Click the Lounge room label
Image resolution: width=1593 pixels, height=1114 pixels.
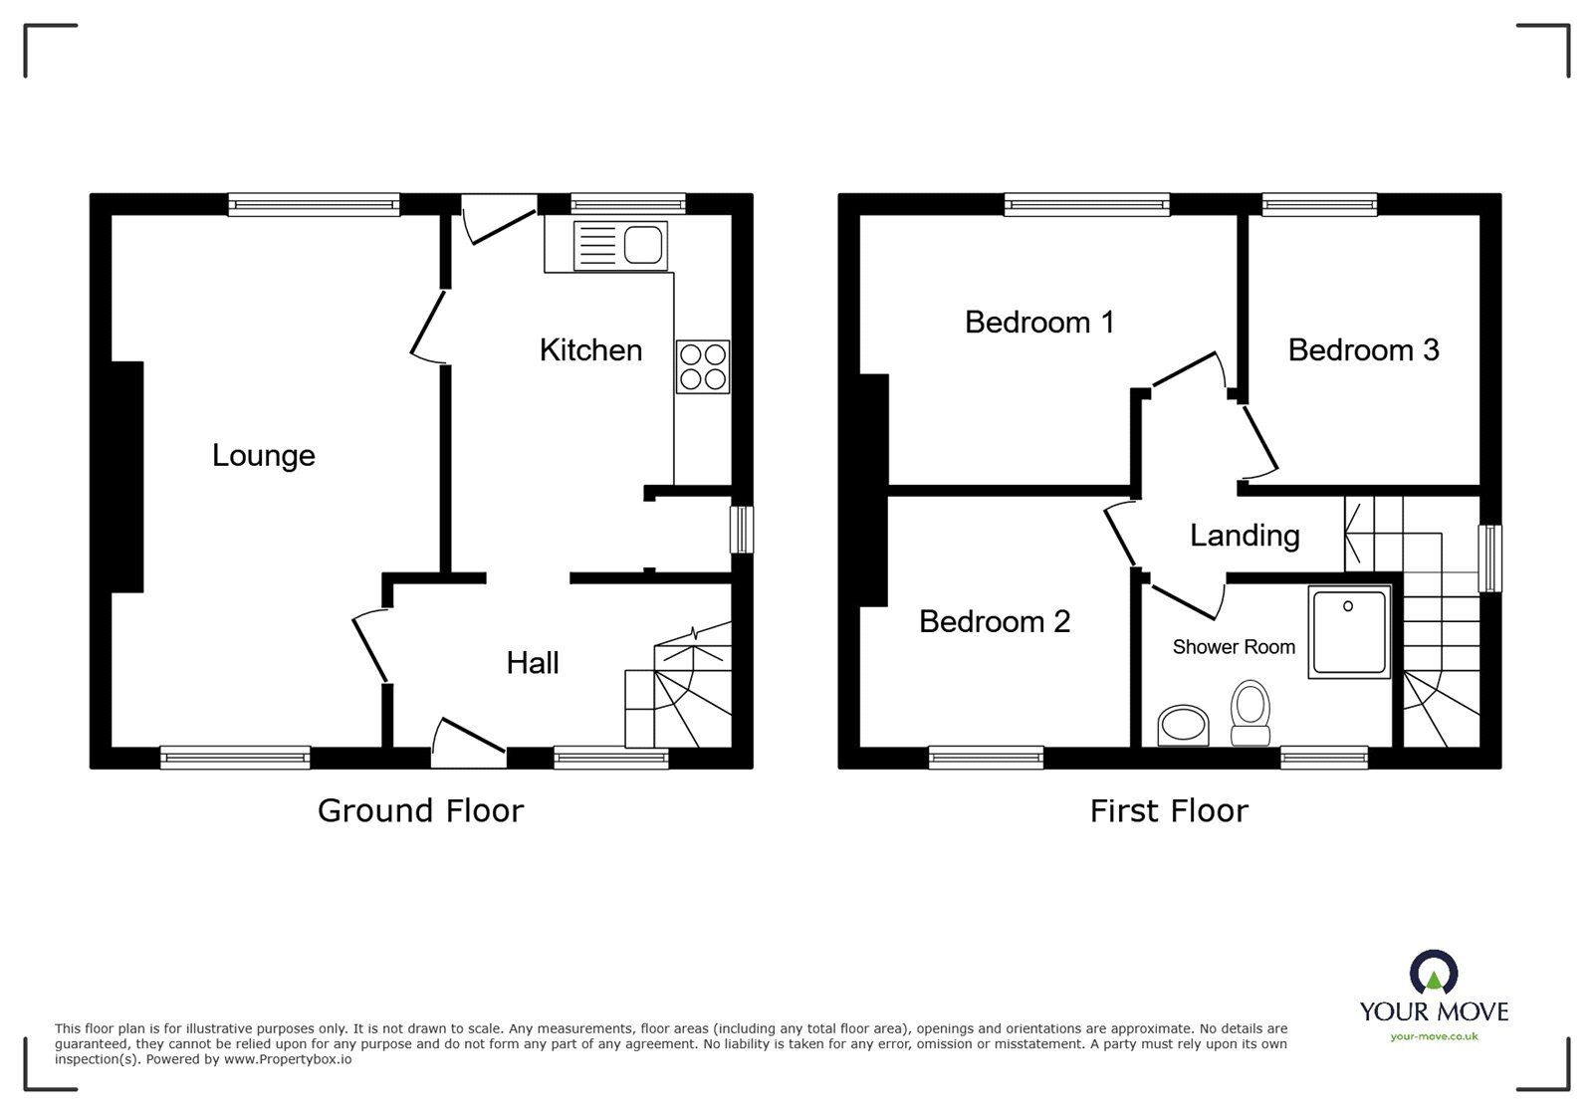(x=263, y=456)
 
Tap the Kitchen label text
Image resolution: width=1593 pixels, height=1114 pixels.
(x=590, y=350)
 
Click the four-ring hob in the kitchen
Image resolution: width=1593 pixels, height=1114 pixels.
(x=703, y=366)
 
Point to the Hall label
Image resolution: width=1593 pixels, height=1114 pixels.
(x=533, y=663)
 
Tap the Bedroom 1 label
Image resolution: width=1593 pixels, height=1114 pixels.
(x=1039, y=323)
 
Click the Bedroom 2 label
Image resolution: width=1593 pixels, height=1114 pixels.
(x=994, y=621)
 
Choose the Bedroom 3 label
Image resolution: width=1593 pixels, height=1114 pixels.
(x=1363, y=350)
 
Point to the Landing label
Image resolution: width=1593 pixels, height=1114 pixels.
(x=1245, y=536)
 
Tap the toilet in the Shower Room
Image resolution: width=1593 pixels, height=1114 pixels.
(x=1251, y=712)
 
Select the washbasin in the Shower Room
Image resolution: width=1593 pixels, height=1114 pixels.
(x=1184, y=725)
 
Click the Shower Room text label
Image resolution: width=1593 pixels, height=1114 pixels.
(x=1234, y=647)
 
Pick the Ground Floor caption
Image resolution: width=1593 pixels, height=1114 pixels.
(x=420, y=810)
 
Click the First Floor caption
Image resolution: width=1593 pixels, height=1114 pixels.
(x=1169, y=810)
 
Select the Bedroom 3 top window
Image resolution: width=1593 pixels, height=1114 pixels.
(x=1319, y=204)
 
